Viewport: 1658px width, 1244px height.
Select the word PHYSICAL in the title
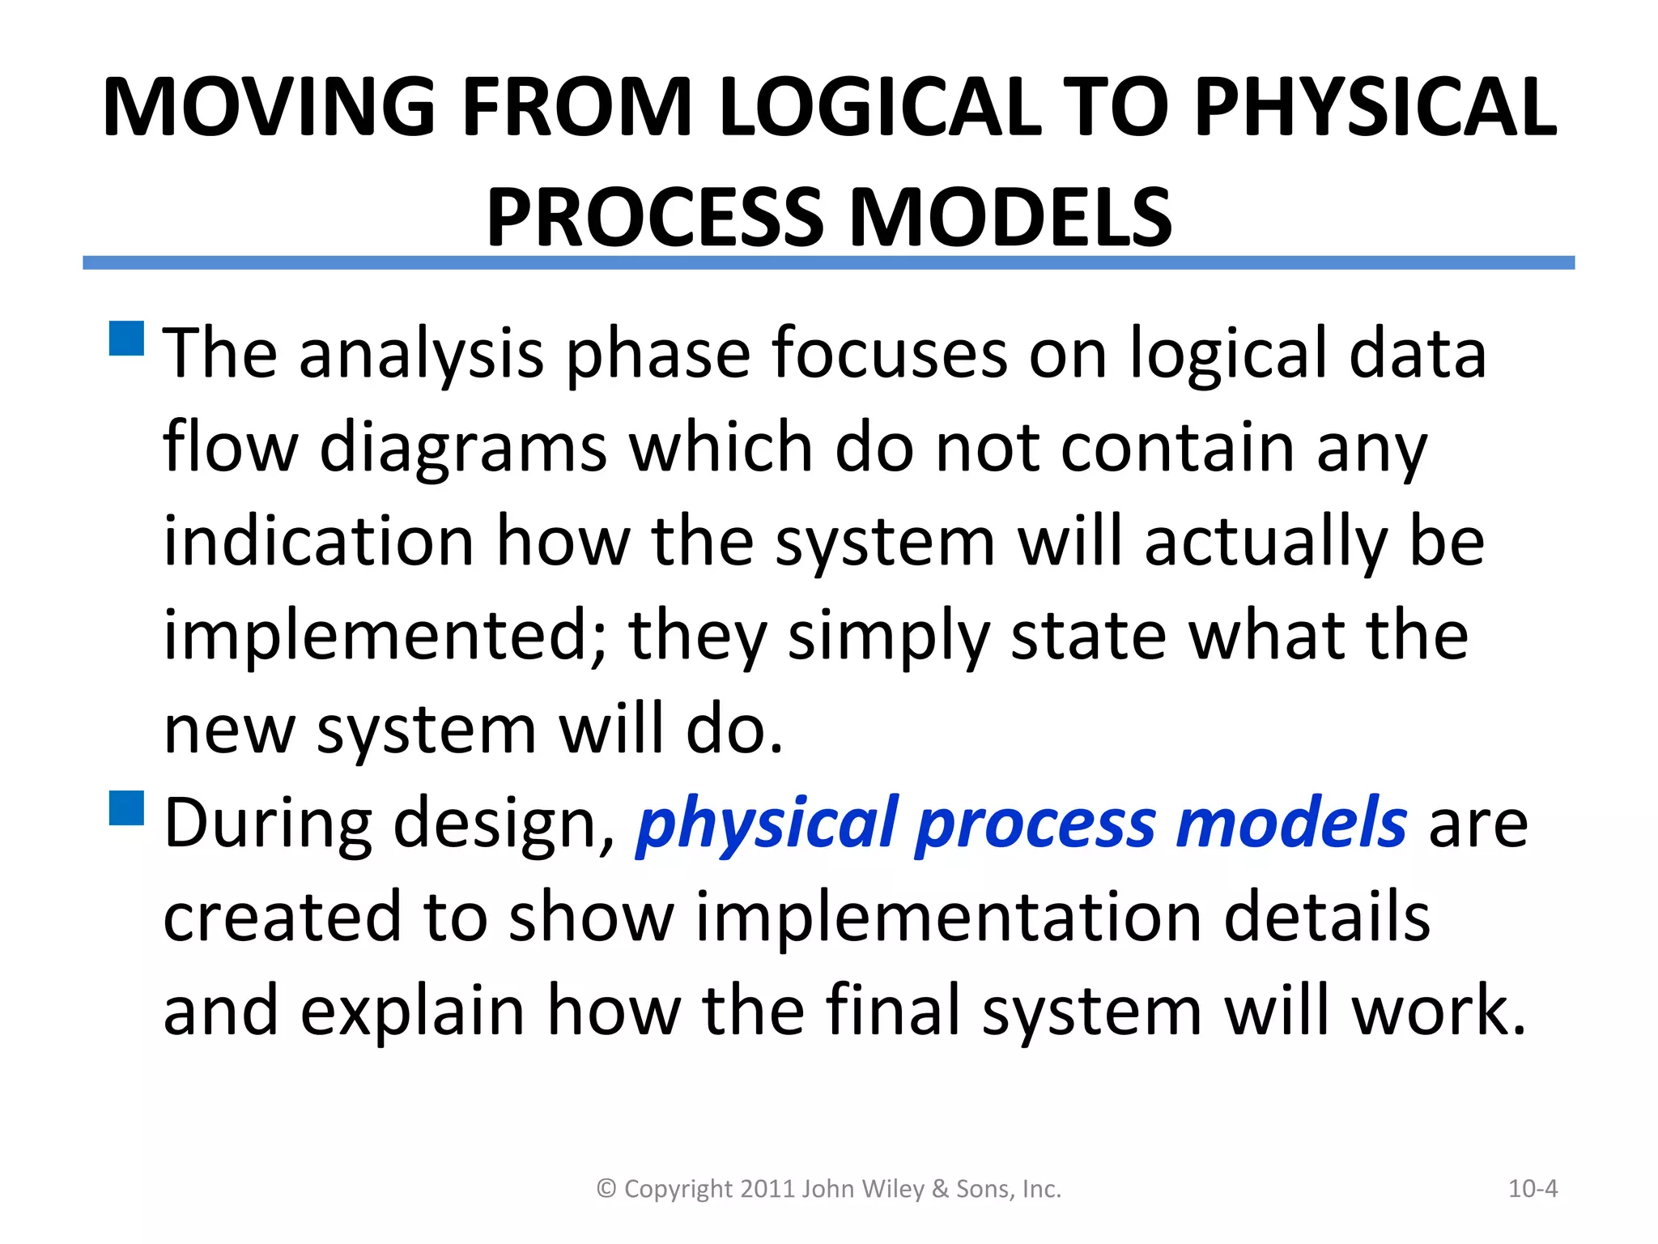point(1375,108)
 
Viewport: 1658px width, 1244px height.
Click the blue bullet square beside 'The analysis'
point(126,339)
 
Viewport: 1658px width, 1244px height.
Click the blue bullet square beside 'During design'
point(126,807)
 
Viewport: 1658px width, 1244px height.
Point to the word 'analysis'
point(421,355)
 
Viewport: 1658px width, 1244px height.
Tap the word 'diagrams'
point(463,449)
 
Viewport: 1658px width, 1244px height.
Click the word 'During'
point(268,823)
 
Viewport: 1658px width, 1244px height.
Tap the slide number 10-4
point(1533,1189)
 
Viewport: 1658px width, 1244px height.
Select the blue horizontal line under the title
point(828,262)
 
